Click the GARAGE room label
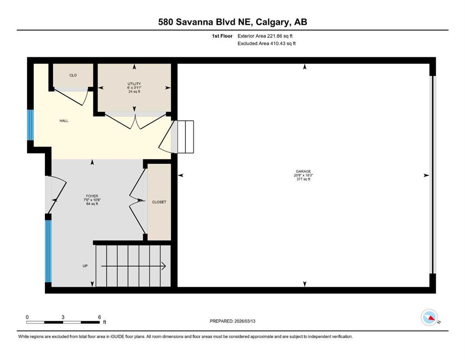point(303,171)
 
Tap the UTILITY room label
point(134,84)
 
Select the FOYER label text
point(92,196)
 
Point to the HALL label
point(64,121)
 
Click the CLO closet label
point(73,75)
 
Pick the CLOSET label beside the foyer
point(159,202)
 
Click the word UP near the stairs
point(85,266)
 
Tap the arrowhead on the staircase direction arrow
point(163,266)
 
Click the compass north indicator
point(429,317)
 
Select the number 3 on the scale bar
point(63,317)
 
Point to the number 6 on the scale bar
point(100,317)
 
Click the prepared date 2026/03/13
point(245,321)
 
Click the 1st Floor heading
point(222,36)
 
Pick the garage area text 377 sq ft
point(303,179)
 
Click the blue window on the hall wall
point(30,125)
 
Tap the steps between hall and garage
point(183,137)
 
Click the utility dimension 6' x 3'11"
point(134,88)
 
